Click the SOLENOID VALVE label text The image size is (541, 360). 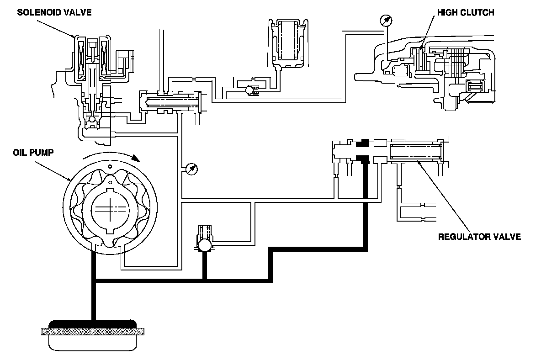(54, 12)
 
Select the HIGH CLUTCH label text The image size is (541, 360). (466, 12)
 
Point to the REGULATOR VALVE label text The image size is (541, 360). (479, 237)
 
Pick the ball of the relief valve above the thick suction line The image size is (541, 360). (204, 246)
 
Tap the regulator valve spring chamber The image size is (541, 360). (415, 151)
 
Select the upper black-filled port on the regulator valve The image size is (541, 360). (364, 143)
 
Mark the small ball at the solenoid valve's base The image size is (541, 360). (92, 120)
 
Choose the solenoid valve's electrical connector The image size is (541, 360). (123, 62)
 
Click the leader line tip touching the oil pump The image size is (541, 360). (70, 179)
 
